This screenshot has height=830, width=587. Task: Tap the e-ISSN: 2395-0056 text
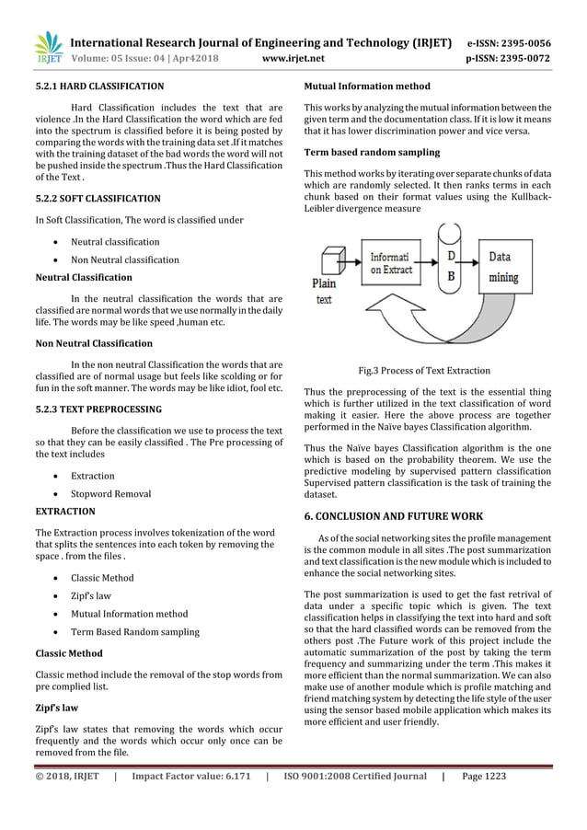(x=522, y=42)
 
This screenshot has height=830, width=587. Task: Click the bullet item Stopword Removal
(x=110, y=494)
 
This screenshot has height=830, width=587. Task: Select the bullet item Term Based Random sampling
(x=134, y=631)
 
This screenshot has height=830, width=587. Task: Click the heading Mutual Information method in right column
(x=367, y=86)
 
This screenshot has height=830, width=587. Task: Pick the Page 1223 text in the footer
(x=484, y=777)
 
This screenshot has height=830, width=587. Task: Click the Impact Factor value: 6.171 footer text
(x=191, y=777)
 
